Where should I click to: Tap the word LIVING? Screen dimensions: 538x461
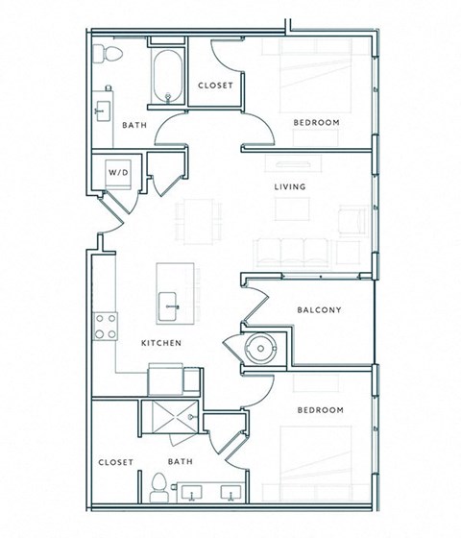click(x=290, y=187)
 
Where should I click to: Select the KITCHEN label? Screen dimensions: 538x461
click(x=161, y=342)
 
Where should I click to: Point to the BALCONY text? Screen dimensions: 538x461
click(x=320, y=309)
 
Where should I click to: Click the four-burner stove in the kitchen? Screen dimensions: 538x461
click(x=105, y=326)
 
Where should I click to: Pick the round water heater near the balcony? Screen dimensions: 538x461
click(x=258, y=347)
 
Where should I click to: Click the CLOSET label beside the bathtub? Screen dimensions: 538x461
click(x=216, y=86)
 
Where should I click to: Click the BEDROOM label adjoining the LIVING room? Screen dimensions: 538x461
click(x=317, y=122)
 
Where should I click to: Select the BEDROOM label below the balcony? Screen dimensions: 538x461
click(x=320, y=410)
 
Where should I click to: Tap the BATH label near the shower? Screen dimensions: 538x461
click(x=181, y=462)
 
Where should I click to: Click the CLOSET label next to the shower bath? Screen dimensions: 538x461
click(x=114, y=462)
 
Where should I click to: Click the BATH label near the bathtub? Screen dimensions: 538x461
click(x=133, y=125)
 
